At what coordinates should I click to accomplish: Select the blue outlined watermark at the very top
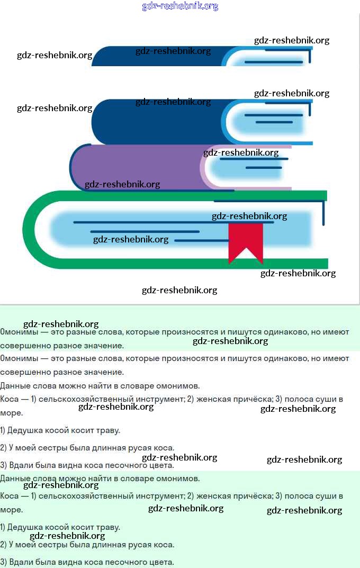180,6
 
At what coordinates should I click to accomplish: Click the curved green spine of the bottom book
34,229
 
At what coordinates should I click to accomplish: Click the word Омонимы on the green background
19,332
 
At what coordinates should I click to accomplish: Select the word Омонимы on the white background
19,358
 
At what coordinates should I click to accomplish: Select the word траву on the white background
109,431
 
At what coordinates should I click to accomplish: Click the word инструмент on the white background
160,399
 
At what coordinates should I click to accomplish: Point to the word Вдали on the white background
21,465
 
